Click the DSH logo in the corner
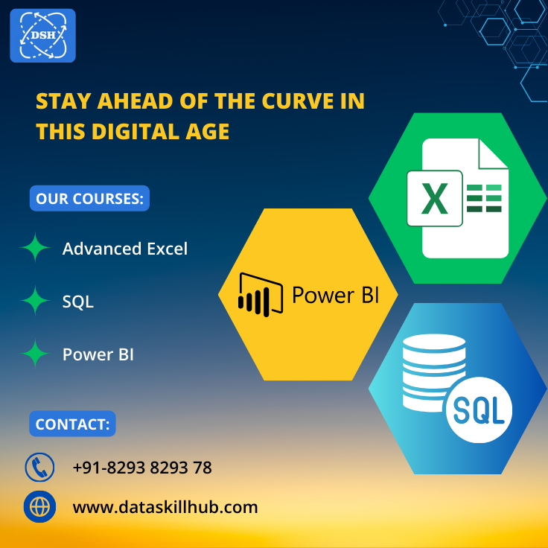tap(42, 35)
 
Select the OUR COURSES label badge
tap(89, 199)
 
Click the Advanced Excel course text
tap(125, 249)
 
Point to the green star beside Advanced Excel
tap(35, 249)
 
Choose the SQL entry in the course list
tap(78, 302)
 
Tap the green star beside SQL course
tap(35, 302)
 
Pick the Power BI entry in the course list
tap(98, 354)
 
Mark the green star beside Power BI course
tap(35, 354)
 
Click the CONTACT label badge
tap(73, 424)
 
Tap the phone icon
tap(40, 468)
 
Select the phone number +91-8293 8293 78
tap(142, 468)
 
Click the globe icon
tap(40, 507)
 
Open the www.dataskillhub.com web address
tap(165, 508)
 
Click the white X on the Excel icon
tap(434, 198)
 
